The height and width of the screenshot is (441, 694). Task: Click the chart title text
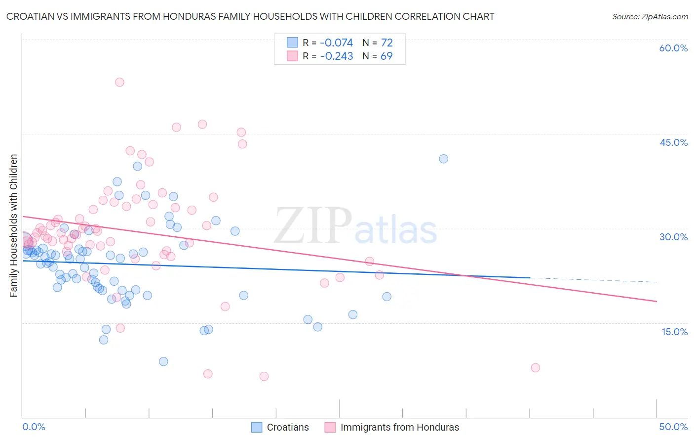click(x=250, y=16)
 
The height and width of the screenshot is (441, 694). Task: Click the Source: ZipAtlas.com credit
click(x=650, y=16)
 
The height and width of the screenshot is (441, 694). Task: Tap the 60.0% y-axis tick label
click(x=673, y=48)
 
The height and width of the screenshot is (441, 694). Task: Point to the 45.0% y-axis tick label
click(x=673, y=142)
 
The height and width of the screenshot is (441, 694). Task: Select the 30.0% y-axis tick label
click(x=673, y=237)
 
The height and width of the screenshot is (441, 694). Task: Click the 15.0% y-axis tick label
click(x=674, y=332)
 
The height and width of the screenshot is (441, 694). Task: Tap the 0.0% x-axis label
click(x=34, y=427)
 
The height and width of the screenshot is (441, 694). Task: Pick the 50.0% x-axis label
click(x=673, y=427)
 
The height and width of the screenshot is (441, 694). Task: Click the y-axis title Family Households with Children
click(x=14, y=225)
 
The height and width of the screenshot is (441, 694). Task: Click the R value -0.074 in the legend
click(x=337, y=43)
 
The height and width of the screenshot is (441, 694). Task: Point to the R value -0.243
click(x=337, y=56)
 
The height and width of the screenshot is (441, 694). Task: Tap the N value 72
click(x=386, y=43)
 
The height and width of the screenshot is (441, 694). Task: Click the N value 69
click(x=386, y=56)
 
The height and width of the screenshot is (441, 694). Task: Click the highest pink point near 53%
click(x=119, y=82)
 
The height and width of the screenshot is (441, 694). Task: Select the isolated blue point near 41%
click(x=443, y=159)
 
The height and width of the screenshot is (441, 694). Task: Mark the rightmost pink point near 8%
click(x=535, y=367)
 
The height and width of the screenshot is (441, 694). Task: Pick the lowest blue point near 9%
click(x=163, y=361)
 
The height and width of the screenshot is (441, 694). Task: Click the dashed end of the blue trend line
click(x=592, y=280)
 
